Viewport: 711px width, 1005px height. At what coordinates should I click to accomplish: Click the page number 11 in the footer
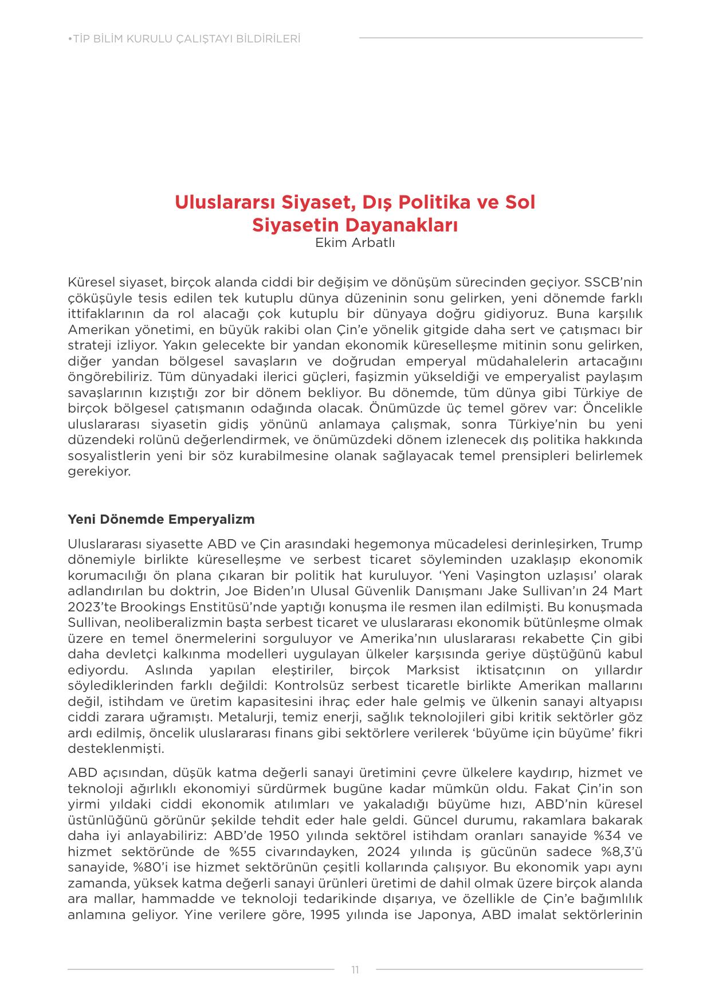tap(355, 969)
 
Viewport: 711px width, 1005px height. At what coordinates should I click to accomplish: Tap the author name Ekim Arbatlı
tap(355, 242)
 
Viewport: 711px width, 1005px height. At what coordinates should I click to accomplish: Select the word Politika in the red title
tap(415, 202)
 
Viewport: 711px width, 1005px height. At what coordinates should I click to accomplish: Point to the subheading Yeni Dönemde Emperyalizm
tap(161, 519)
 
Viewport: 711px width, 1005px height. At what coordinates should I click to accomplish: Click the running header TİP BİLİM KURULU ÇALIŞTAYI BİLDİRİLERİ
tap(184, 39)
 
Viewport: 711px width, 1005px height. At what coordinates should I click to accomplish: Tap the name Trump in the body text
tap(622, 544)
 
